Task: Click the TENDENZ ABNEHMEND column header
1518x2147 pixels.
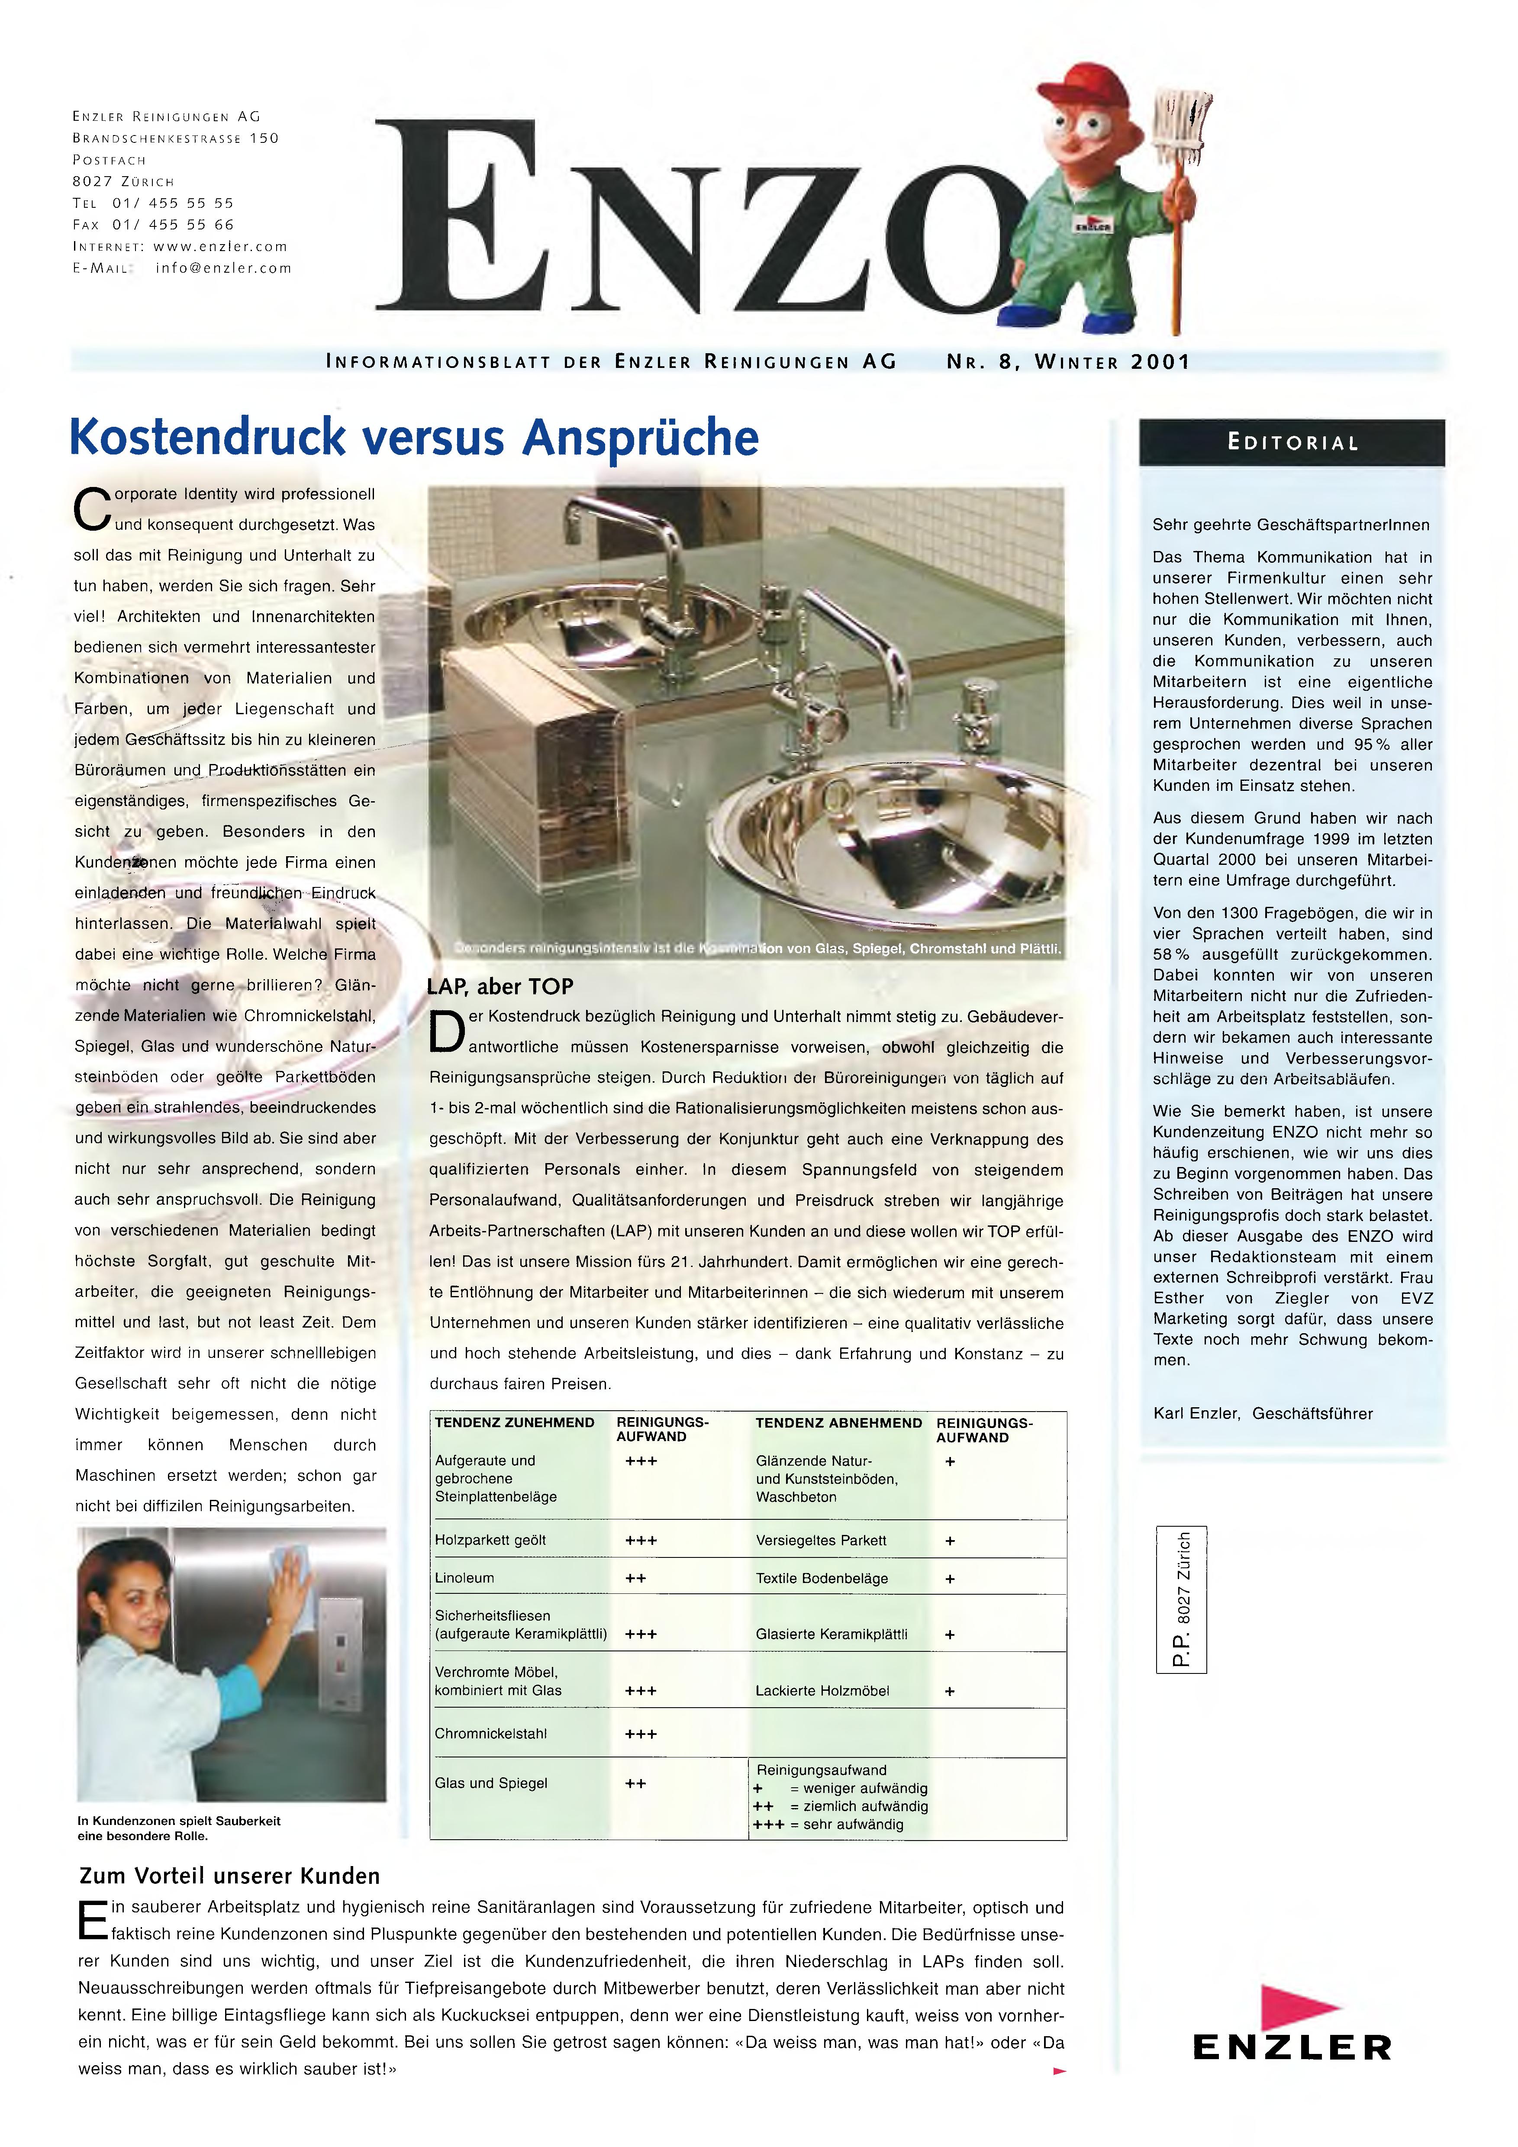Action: tap(838, 1423)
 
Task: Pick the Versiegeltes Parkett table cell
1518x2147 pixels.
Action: tap(820, 1540)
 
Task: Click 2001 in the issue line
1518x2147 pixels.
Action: tap(1160, 362)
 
